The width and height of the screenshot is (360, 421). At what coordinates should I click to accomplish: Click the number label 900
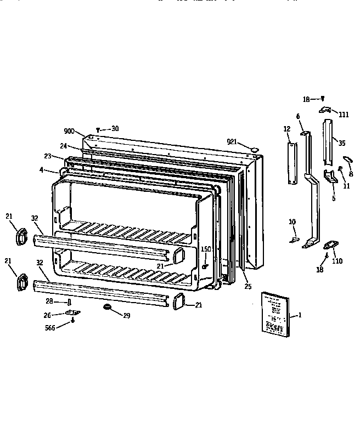[69, 131]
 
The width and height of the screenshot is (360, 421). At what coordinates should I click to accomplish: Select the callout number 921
[232, 142]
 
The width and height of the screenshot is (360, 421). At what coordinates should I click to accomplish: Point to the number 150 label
[206, 249]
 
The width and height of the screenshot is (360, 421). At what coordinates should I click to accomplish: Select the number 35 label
[342, 143]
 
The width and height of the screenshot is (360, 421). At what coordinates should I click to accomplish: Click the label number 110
[337, 261]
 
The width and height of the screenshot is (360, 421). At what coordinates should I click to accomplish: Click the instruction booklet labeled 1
[274, 314]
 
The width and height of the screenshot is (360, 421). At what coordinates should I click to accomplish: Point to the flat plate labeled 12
[291, 163]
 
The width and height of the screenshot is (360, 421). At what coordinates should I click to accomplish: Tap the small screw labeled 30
[98, 129]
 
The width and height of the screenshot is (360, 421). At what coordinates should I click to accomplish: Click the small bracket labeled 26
[72, 312]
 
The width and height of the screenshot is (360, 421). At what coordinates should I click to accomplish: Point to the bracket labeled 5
[331, 177]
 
